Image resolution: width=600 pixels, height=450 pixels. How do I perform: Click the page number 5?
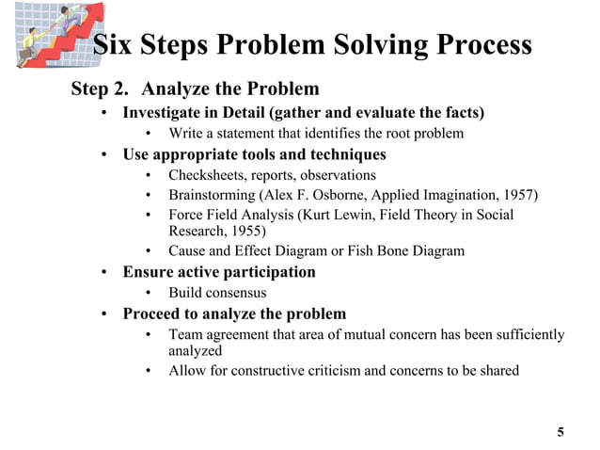click(561, 432)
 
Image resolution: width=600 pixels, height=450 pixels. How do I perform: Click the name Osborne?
click(345, 196)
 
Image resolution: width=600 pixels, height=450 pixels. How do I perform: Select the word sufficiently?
click(522, 334)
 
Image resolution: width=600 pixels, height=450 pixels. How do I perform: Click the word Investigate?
click(161, 113)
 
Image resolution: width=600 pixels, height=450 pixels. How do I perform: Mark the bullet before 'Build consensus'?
click(150, 293)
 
